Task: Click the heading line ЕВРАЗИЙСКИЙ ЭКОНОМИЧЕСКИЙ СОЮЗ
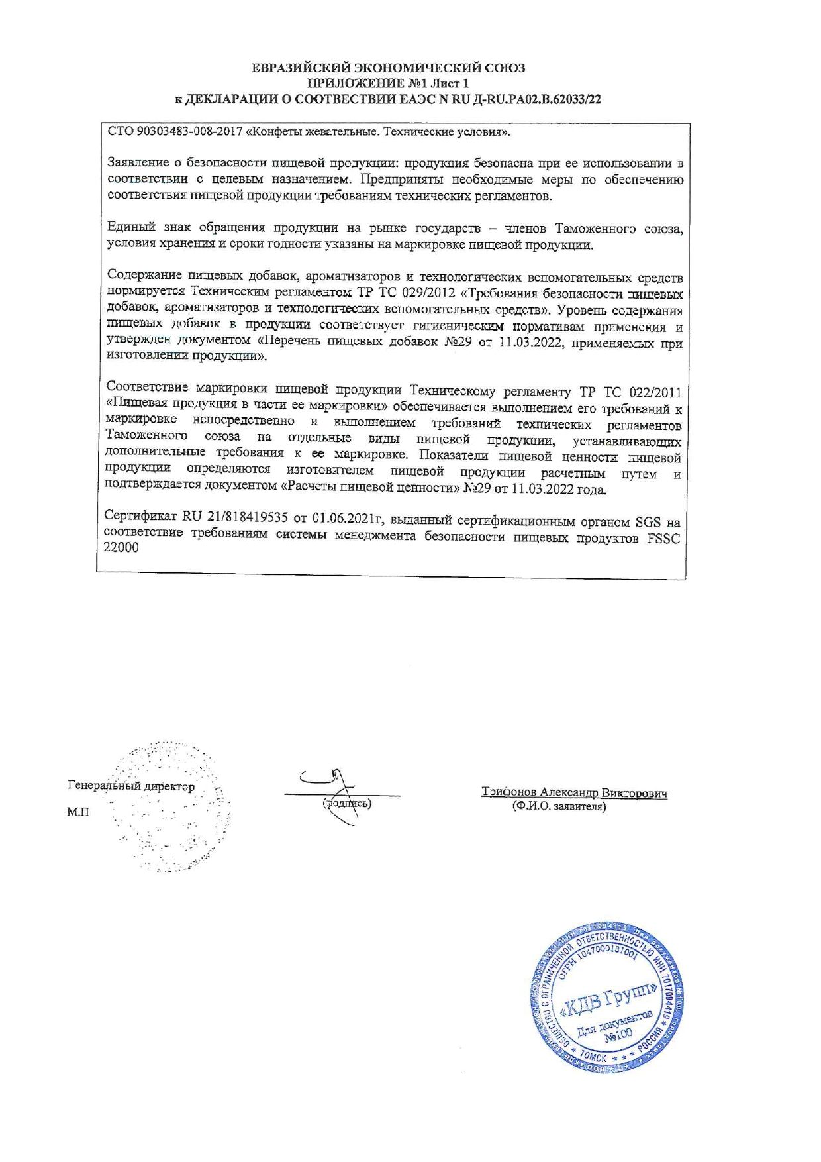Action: click(x=389, y=68)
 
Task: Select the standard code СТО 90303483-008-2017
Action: click(x=175, y=132)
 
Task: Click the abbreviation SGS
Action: click(x=648, y=521)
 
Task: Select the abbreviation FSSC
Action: click(x=663, y=538)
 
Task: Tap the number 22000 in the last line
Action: click(x=121, y=548)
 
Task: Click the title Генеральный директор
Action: click(x=131, y=786)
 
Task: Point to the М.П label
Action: click(x=77, y=812)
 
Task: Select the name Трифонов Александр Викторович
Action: click(x=574, y=792)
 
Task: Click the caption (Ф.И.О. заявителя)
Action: click(x=559, y=806)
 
